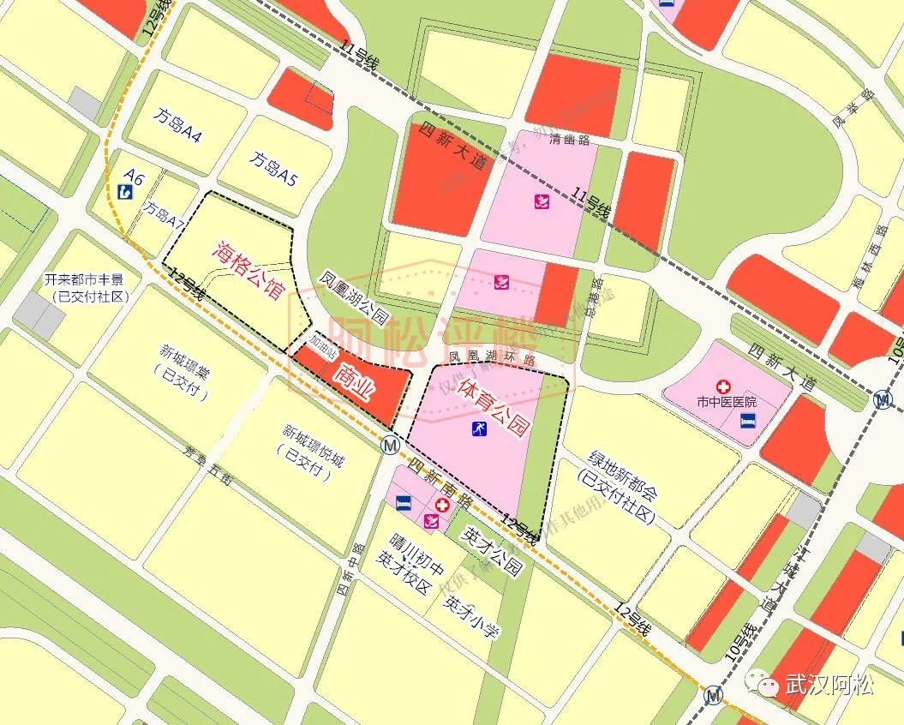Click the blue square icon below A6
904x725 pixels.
click(125, 193)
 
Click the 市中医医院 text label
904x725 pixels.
click(727, 402)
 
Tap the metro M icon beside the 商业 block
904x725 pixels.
click(391, 446)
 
